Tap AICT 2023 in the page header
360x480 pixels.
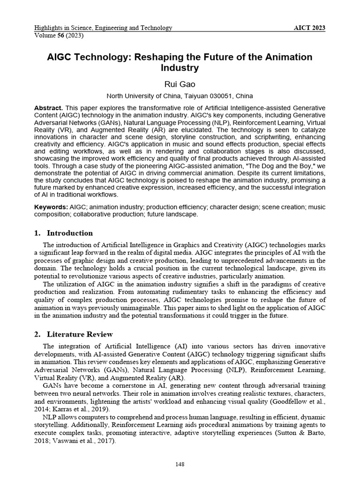pos(309,28)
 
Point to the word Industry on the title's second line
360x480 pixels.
pos(180,68)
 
